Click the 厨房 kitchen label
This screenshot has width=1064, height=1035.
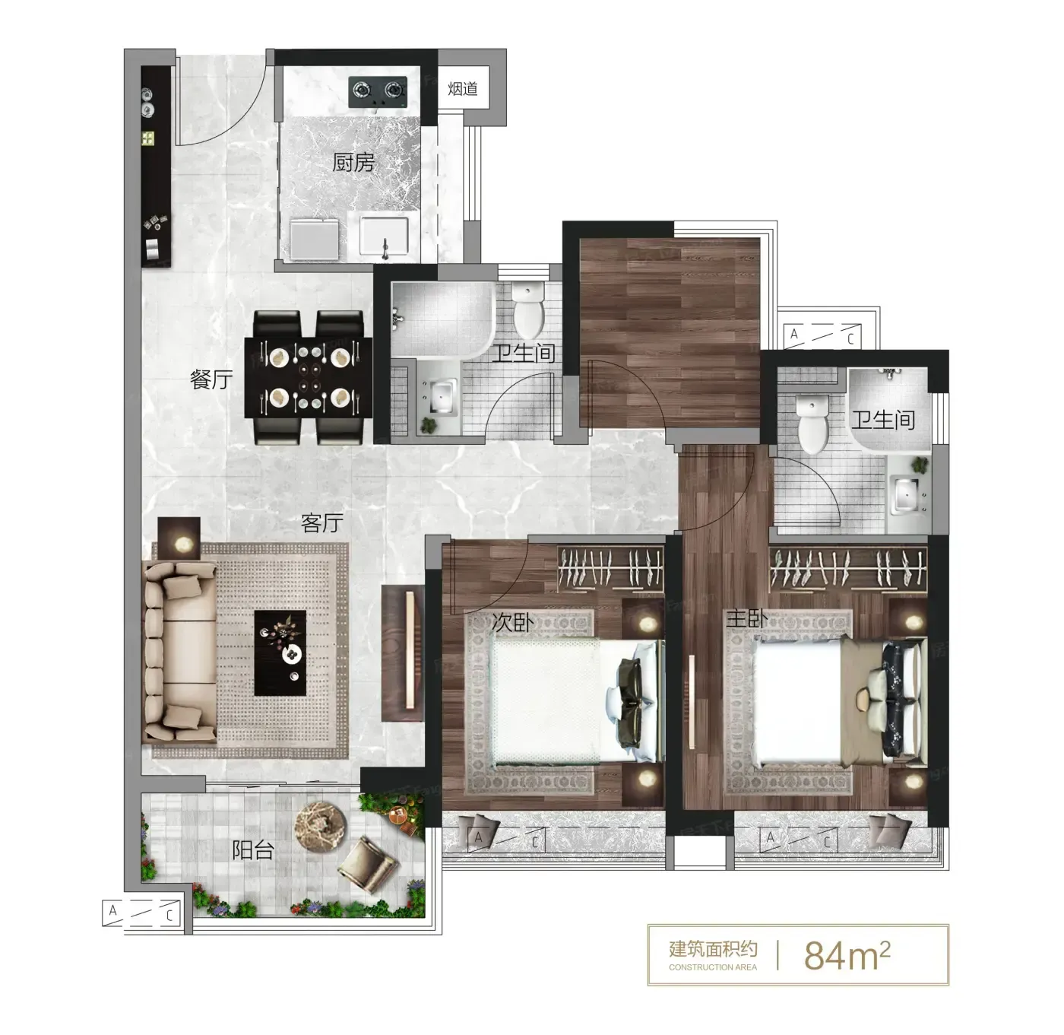pyautogui.click(x=353, y=163)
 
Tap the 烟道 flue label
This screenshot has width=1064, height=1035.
pyautogui.click(x=463, y=88)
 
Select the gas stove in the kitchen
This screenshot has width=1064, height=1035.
pyautogui.click(x=378, y=91)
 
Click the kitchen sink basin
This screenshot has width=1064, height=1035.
pyautogui.click(x=385, y=237)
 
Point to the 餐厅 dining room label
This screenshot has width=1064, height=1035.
pyautogui.click(x=211, y=379)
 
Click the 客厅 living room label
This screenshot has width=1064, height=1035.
pyautogui.click(x=321, y=523)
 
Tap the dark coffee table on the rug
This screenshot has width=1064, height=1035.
pyautogui.click(x=280, y=652)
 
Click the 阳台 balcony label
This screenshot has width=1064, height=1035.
pyautogui.click(x=252, y=849)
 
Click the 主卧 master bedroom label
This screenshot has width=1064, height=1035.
pyautogui.click(x=746, y=619)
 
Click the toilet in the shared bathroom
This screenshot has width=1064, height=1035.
pyautogui.click(x=528, y=309)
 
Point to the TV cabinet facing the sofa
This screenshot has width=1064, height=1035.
pyautogui.click(x=402, y=654)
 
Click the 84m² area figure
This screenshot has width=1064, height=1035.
pyautogui.click(x=847, y=955)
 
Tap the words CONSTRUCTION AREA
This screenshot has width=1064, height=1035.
pyautogui.click(x=712, y=967)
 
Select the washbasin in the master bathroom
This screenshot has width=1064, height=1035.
pyautogui.click(x=907, y=496)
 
